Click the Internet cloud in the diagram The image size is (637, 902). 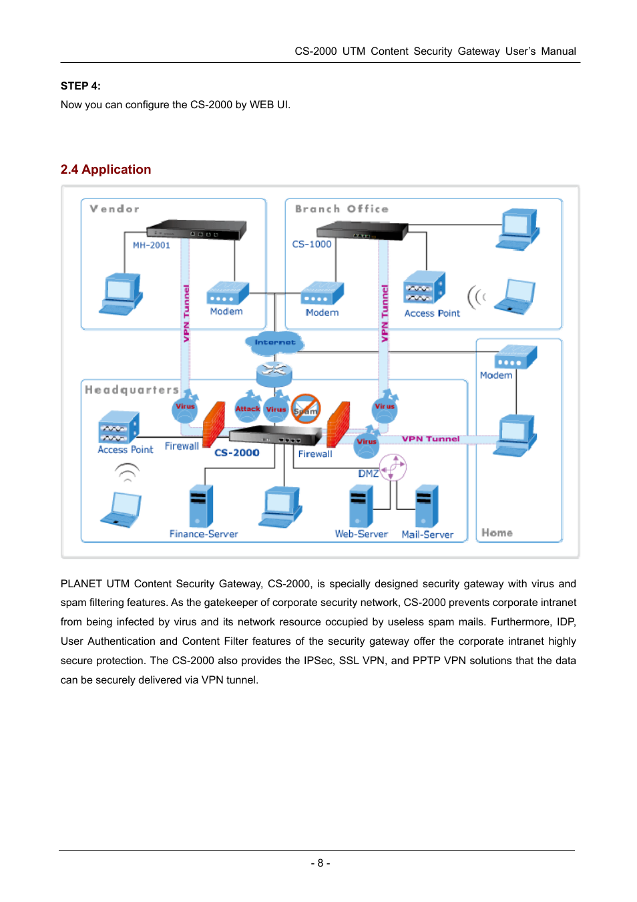(x=274, y=342)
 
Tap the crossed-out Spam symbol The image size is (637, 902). (x=305, y=409)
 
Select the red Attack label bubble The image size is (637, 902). (x=247, y=408)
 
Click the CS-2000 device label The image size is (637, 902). (x=236, y=452)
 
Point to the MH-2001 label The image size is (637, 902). (x=152, y=245)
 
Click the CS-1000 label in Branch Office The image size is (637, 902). (x=311, y=244)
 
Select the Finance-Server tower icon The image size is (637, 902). (x=201, y=506)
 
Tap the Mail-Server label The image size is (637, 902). (x=427, y=535)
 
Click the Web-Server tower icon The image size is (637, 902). (x=361, y=506)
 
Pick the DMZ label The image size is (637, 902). (x=368, y=473)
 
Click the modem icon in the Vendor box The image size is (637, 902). (x=228, y=293)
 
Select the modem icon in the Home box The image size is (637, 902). (x=515, y=356)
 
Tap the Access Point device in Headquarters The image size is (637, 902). (x=119, y=427)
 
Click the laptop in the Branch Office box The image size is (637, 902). (x=515, y=297)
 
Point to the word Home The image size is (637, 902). (x=497, y=533)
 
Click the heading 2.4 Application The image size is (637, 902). (x=105, y=169)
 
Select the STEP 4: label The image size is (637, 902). (x=81, y=86)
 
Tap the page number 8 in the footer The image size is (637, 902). (x=321, y=863)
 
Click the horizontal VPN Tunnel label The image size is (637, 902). (x=431, y=439)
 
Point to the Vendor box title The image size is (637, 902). (x=115, y=208)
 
